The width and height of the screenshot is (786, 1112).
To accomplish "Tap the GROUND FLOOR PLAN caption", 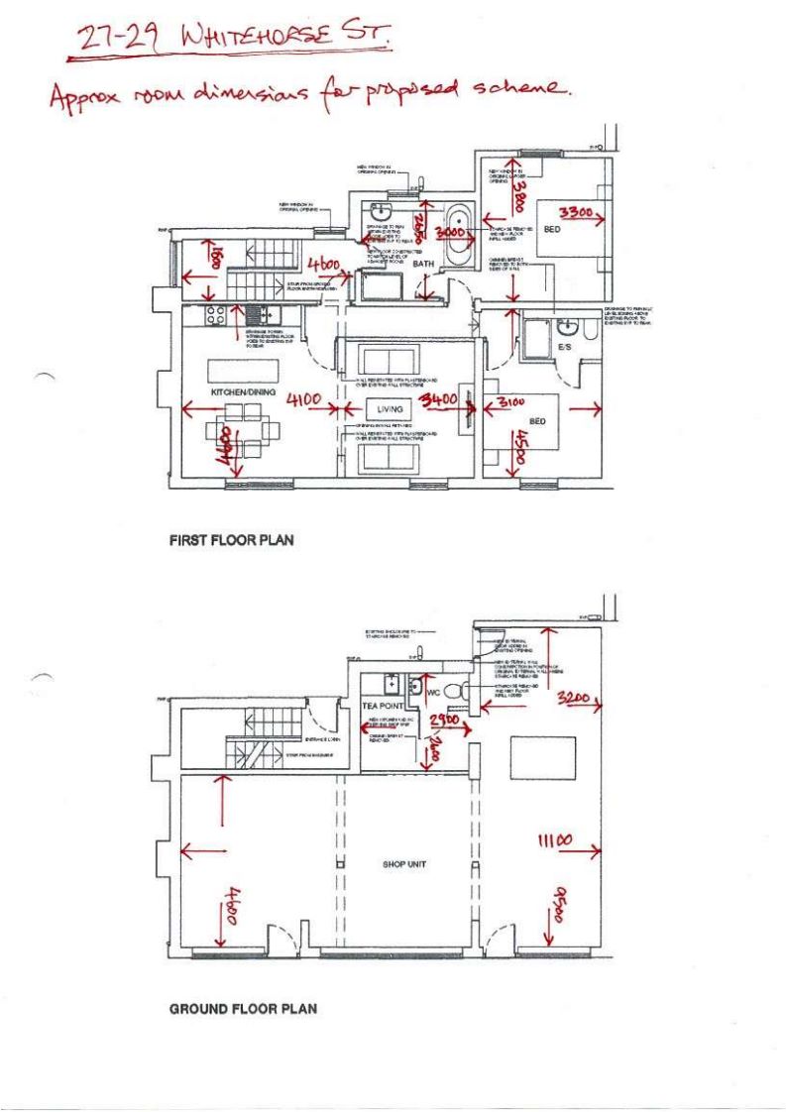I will (244, 1009).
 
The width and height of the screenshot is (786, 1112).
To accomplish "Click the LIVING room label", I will (390, 408).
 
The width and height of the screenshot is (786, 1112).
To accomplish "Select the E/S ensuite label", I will (565, 349).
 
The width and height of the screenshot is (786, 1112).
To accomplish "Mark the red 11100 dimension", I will (555, 840).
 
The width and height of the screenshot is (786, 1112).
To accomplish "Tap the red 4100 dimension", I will (303, 399).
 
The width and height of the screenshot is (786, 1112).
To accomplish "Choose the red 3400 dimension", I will (437, 400).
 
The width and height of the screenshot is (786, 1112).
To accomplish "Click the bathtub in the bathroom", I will (458, 237).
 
